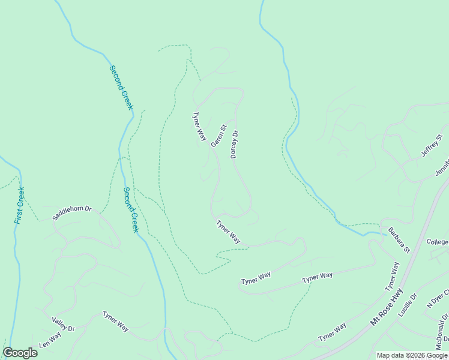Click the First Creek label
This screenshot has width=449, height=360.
point(20,206)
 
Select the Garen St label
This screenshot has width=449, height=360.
point(218,136)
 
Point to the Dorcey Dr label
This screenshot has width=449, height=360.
point(235,145)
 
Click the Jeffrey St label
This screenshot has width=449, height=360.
point(432,146)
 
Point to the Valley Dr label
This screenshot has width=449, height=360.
point(63,325)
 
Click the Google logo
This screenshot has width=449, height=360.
point(20,353)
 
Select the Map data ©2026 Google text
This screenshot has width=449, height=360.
point(412,355)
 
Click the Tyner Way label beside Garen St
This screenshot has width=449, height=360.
point(199,127)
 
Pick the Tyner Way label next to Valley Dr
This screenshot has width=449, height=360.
point(115,321)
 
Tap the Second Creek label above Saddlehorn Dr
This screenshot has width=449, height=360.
point(131,210)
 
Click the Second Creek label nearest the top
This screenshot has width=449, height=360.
point(121,87)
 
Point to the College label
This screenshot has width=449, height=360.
point(438,242)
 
